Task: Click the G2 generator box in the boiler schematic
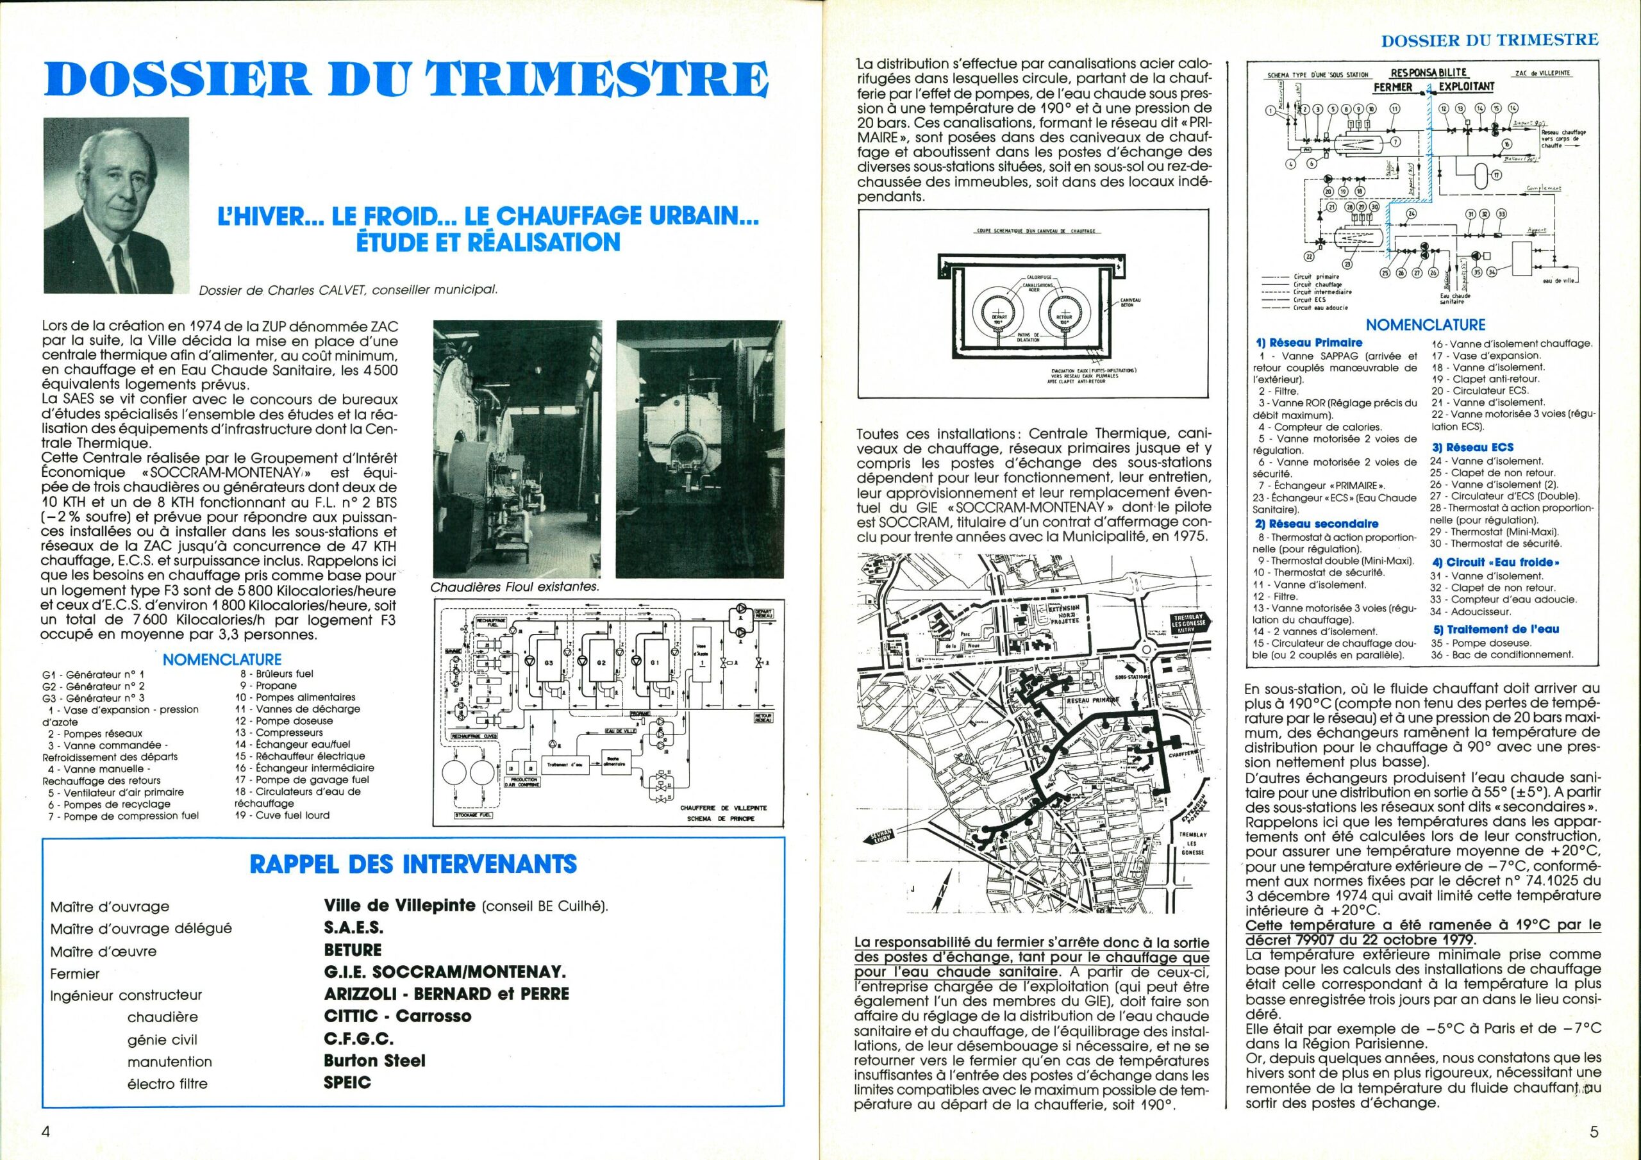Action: [x=601, y=663]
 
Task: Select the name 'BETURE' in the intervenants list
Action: [x=353, y=950]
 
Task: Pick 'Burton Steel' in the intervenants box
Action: [x=374, y=1061]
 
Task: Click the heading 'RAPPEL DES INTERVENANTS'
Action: [x=412, y=864]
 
